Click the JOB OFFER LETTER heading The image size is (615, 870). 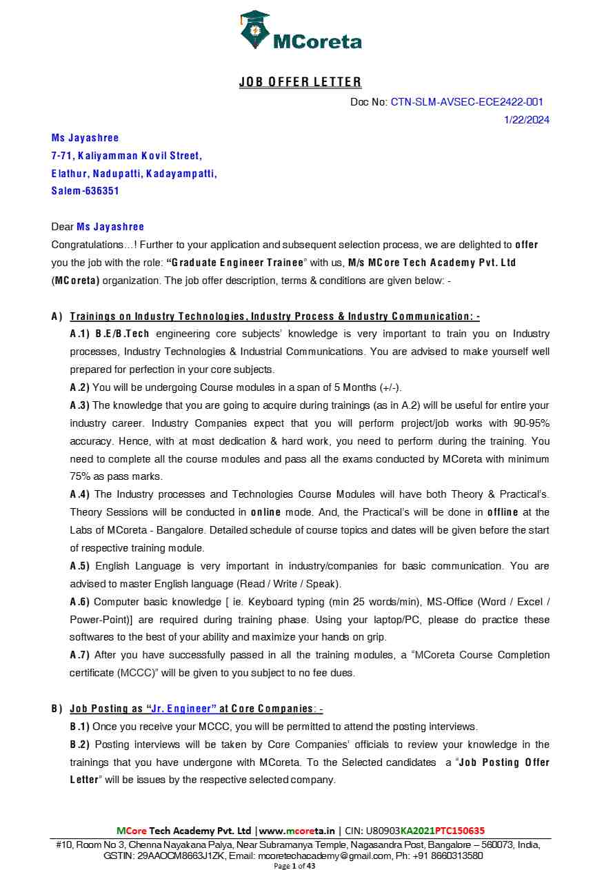pos(300,82)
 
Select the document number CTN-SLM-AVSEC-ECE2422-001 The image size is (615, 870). pos(467,102)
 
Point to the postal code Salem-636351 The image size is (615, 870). pos(85,191)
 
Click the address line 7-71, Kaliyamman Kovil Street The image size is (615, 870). pos(126,156)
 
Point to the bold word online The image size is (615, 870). pos(265,512)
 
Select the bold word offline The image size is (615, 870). pos(505,512)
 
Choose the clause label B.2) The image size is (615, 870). pos(80,745)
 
